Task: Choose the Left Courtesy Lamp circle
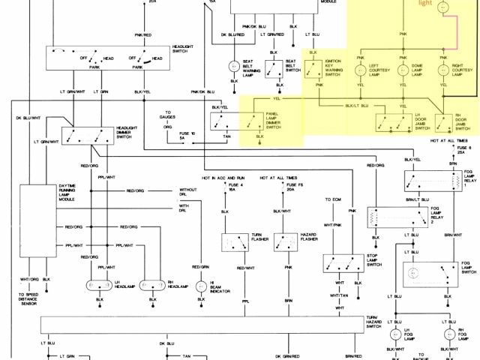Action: (359, 72)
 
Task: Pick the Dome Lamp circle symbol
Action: (402, 72)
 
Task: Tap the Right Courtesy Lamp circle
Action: (444, 72)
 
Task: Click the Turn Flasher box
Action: (234, 243)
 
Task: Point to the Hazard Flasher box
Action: (286, 243)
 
